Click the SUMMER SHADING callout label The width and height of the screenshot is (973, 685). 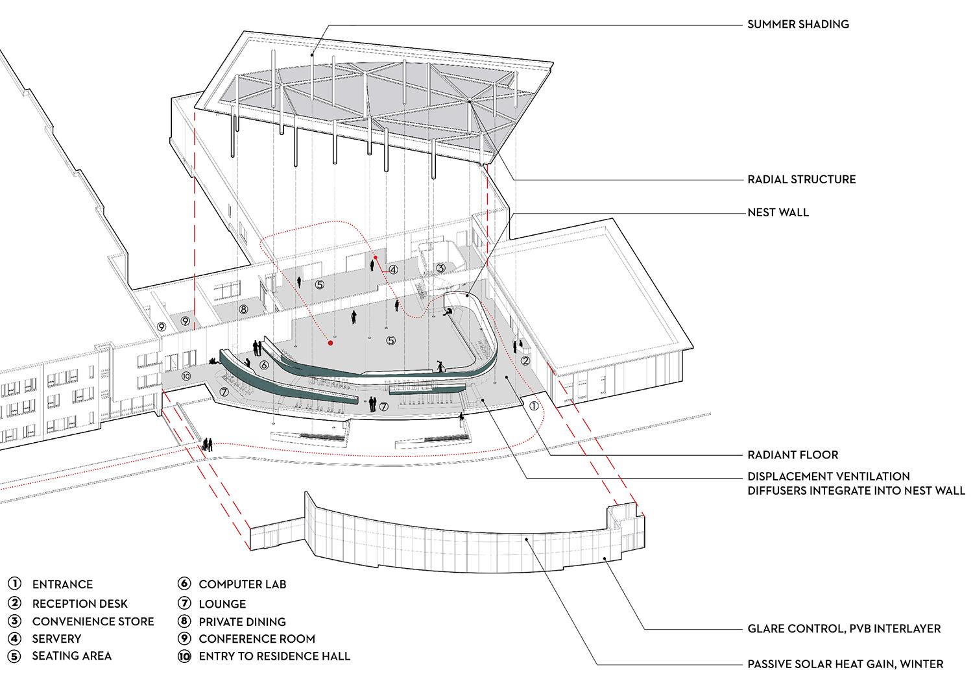click(797, 25)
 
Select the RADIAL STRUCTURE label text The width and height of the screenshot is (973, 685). click(801, 179)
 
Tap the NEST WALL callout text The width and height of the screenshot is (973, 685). click(778, 212)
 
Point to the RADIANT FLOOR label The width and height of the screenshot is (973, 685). click(793, 455)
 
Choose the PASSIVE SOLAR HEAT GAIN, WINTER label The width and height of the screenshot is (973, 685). click(845, 664)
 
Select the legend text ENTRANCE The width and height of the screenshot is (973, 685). click(62, 584)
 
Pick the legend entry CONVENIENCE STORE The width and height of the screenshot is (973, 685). click(93, 621)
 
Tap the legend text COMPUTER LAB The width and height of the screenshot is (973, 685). click(242, 584)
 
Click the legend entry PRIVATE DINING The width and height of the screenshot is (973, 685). click(242, 621)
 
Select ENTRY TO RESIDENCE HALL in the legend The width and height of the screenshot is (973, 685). click(274, 656)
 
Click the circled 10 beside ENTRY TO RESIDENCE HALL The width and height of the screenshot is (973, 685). click(184, 656)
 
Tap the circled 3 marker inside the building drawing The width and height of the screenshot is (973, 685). click(440, 268)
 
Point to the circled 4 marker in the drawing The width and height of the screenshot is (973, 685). click(392, 268)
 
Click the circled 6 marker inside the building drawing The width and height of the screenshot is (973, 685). click(263, 366)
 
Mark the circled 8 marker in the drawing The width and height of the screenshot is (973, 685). click(243, 310)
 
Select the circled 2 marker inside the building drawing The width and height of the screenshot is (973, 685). click(525, 360)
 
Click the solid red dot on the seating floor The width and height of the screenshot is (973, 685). click(330, 343)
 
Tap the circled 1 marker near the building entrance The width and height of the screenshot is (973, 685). click(533, 407)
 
